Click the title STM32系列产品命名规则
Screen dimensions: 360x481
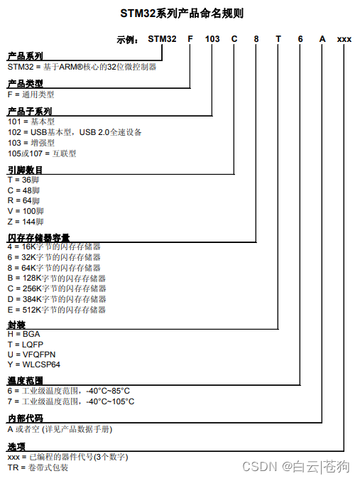(x=182, y=13)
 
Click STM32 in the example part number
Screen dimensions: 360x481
(x=162, y=39)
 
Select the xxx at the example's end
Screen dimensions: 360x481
(x=344, y=39)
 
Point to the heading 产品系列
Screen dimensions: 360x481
(x=25, y=56)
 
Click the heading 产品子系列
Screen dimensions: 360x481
(x=29, y=112)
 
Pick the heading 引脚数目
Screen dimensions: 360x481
(x=25, y=171)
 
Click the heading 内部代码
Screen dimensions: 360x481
(x=25, y=419)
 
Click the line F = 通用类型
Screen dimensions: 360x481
(x=31, y=94)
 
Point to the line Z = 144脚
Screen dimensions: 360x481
(x=26, y=222)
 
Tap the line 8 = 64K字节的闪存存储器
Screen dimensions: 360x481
(x=54, y=268)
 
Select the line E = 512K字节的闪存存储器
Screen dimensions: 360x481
(x=57, y=310)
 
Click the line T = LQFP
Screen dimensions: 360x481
(x=24, y=344)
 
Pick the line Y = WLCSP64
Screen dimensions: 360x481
(x=34, y=364)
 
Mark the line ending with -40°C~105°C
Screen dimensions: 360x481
(x=71, y=401)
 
